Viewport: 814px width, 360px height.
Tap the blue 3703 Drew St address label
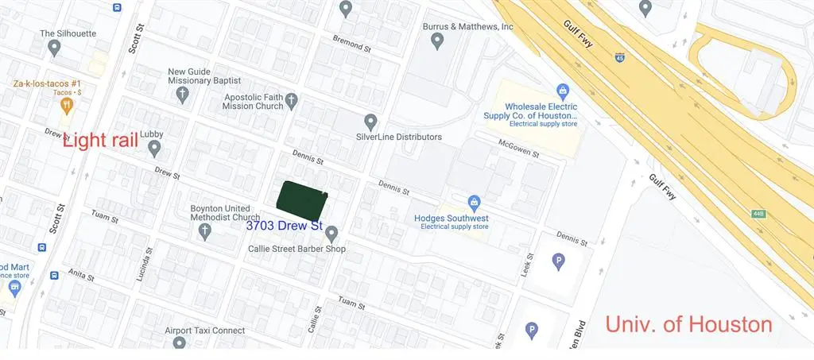coord(284,226)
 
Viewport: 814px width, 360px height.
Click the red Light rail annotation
coord(101,140)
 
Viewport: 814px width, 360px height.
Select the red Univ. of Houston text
coord(688,324)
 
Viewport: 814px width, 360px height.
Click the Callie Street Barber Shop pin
coord(331,233)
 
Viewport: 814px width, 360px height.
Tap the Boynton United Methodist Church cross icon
coord(204,231)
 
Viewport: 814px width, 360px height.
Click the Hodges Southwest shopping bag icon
coord(474,202)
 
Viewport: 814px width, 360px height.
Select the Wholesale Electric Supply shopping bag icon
coord(563,91)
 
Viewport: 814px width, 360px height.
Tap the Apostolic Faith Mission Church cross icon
coord(291,100)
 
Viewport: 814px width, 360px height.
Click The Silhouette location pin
coord(54,48)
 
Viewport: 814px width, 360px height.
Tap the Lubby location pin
coord(154,148)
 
